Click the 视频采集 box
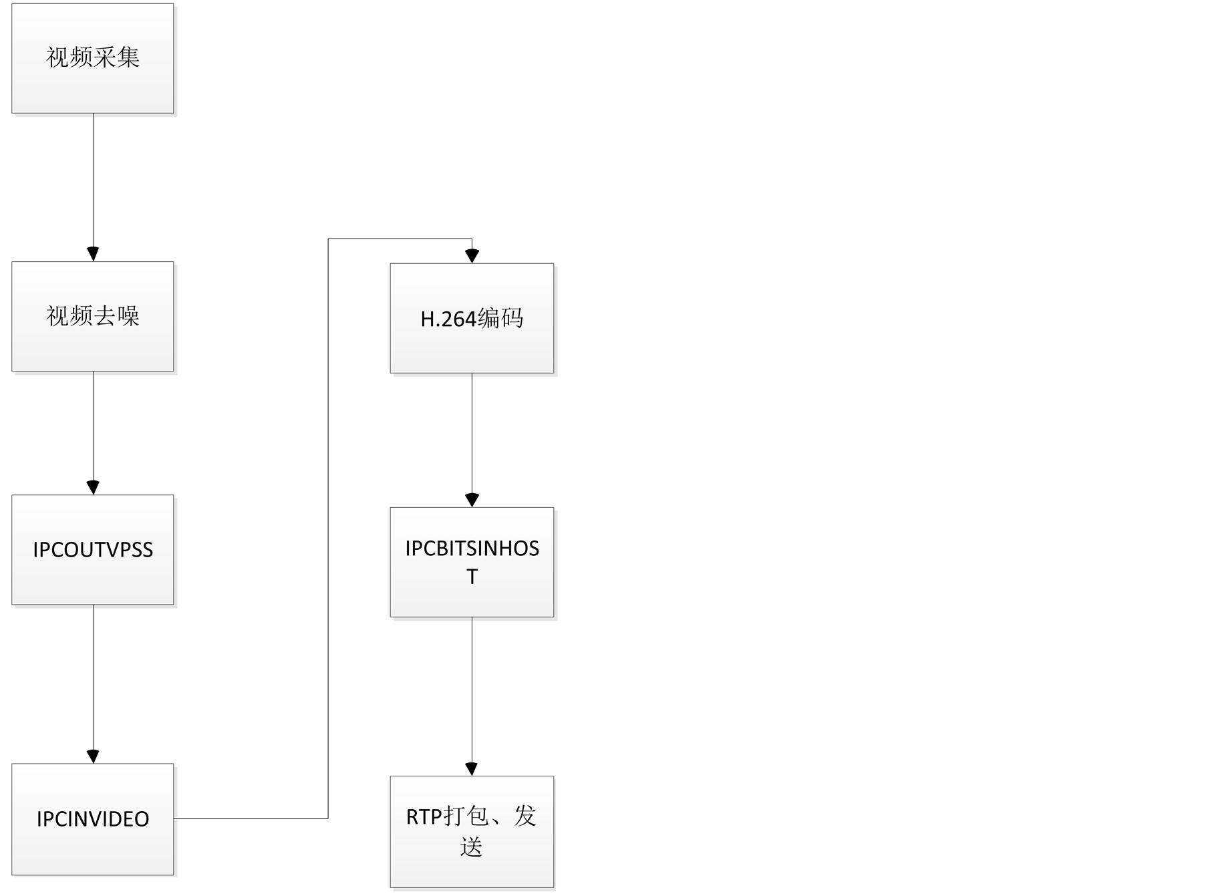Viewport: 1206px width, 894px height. click(x=93, y=58)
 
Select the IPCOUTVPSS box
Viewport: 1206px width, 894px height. click(x=93, y=550)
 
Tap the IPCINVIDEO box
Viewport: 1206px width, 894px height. click(x=93, y=819)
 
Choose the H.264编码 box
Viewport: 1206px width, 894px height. click(x=472, y=319)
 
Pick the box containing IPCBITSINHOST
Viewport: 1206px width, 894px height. click(x=472, y=562)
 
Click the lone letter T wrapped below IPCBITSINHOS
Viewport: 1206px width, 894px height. click(x=472, y=577)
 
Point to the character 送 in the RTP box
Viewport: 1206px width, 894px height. click(x=471, y=847)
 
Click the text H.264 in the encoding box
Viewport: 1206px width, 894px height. click(x=448, y=319)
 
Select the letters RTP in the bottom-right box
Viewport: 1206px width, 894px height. click(x=424, y=817)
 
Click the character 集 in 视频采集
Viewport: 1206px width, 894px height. click(x=128, y=57)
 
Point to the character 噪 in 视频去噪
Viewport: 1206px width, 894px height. click(x=128, y=316)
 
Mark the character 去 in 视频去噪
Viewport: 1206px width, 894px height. click(x=105, y=316)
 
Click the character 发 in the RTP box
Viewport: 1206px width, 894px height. click(x=525, y=816)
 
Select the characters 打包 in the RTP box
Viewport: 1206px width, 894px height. click(x=467, y=816)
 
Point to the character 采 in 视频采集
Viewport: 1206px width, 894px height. click(x=105, y=57)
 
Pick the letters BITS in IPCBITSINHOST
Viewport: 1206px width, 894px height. click(x=452, y=549)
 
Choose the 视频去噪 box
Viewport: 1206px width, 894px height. click(x=93, y=317)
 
